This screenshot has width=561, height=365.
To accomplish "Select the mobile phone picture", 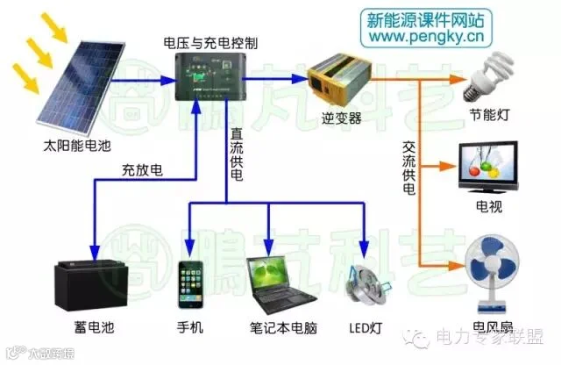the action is tap(190, 283).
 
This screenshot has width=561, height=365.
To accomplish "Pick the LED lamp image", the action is tap(363, 281).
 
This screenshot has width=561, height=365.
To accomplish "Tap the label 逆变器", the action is tap(343, 118).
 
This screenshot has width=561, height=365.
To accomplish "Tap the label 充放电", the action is tap(140, 170).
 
